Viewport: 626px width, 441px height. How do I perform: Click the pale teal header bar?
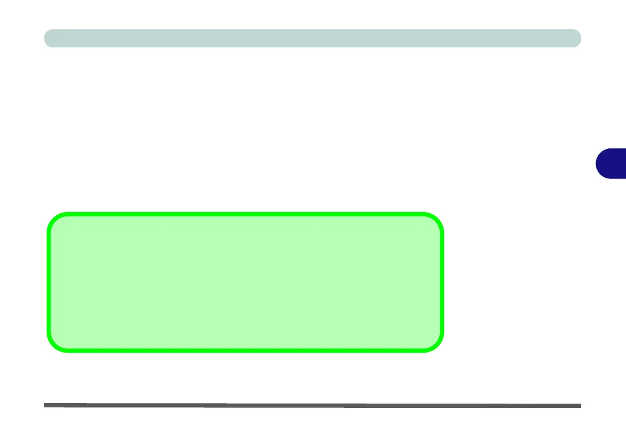(x=312, y=38)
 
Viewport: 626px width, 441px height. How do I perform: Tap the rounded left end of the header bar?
(x=48, y=38)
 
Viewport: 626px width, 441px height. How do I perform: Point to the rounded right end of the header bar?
(x=577, y=38)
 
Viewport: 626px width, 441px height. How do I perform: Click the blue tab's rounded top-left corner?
(x=600, y=153)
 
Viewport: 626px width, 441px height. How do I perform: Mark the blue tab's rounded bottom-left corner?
(x=600, y=174)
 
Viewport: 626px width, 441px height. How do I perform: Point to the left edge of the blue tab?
(x=597, y=164)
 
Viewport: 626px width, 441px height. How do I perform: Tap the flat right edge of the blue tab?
(x=625, y=164)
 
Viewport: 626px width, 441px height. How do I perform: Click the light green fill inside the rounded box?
(x=245, y=282)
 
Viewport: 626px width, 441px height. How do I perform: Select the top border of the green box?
(x=245, y=214)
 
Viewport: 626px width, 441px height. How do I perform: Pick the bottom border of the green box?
(x=245, y=350)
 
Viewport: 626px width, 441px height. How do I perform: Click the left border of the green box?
(x=48, y=282)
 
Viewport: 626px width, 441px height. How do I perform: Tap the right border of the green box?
(x=442, y=282)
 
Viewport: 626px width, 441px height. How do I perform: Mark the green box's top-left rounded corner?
(x=54, y=220)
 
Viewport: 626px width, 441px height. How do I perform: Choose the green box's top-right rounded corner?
(x=437, y=220)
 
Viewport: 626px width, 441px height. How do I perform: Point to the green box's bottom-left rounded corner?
(x=54, y=344)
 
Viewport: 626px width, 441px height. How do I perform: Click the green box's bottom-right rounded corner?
(x=437, y=344)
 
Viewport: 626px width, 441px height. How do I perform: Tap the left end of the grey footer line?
(x=46, y=405)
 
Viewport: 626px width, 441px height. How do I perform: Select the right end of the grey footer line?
(x=580, y=406)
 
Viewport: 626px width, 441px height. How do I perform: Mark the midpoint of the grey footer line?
(x=312, y=405)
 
